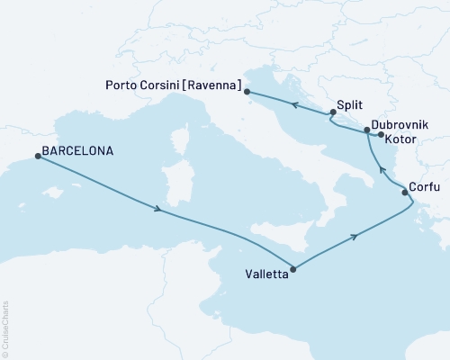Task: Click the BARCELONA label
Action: tap(79, 151)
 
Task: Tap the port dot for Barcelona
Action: tap(37, 156)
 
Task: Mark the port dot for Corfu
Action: tap(402, 190)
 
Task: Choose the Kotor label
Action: tap(400, 141)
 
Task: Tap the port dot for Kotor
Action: tap(381, 136)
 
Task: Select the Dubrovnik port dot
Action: tap(366, 130)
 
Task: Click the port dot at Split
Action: tap(333, 112)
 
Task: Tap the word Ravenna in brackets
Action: tap(217, 85)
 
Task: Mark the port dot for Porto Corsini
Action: tap(248, 91)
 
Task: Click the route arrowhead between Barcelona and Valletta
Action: tap(158, 210)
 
